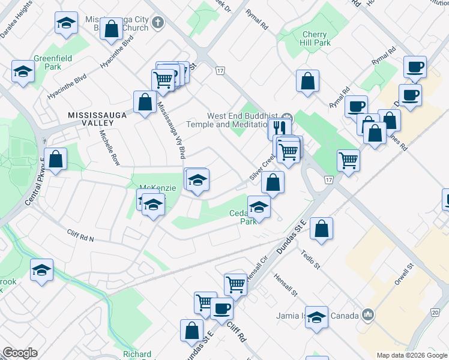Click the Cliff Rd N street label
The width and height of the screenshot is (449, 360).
click(x=80, y=236)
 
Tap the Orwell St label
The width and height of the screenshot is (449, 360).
click(x=402, y=277)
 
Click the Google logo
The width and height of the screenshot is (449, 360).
click(x=20, y=353)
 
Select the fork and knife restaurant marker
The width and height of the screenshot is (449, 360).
click(x=279, y=127)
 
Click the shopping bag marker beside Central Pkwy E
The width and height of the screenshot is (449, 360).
click(x=55, y=160)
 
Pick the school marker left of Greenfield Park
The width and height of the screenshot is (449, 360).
click(x=23, y=71)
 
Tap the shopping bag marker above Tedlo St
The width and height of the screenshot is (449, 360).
click(x=321, y=228)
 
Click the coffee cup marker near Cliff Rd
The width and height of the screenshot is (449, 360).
click(x=221, y=308)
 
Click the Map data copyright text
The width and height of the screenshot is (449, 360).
click(x=411, y=355)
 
